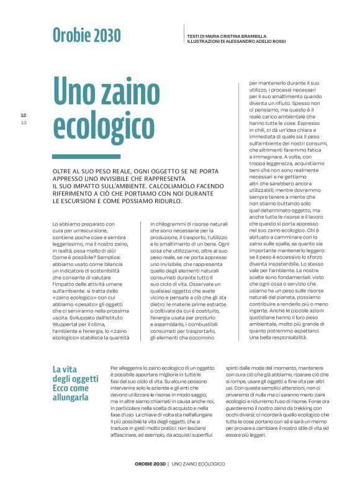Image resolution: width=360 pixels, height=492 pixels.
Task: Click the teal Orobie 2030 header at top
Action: tap(86, 35)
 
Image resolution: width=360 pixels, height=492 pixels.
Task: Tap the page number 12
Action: tap(24, 116)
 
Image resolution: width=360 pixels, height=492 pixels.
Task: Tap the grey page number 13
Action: tap(24, 123)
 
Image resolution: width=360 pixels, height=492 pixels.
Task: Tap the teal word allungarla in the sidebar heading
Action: tap(71, 388)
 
